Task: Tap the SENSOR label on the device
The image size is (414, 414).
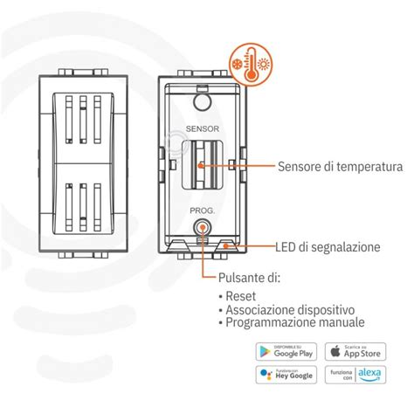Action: pos(202,126)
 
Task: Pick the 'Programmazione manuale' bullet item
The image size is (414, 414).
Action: pos(292,322)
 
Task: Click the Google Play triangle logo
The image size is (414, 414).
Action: pos(265,351)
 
